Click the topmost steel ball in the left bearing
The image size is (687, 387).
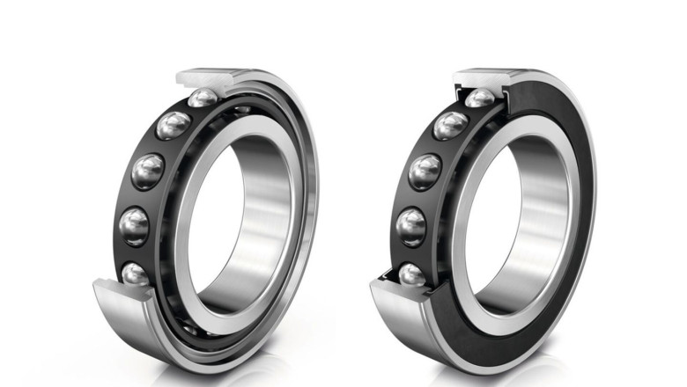tap(203, 98)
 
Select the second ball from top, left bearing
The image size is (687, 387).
tap(174, 125)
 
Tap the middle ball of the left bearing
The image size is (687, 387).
tap(148, 171)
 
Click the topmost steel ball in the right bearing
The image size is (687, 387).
tap(480, 98)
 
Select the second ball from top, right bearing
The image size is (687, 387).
tap(450, 125)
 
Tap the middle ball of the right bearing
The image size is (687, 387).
tap(425, 172)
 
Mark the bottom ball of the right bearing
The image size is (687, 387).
tap(411, 275)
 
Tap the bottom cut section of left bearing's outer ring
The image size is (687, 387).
tap(123, 303)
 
